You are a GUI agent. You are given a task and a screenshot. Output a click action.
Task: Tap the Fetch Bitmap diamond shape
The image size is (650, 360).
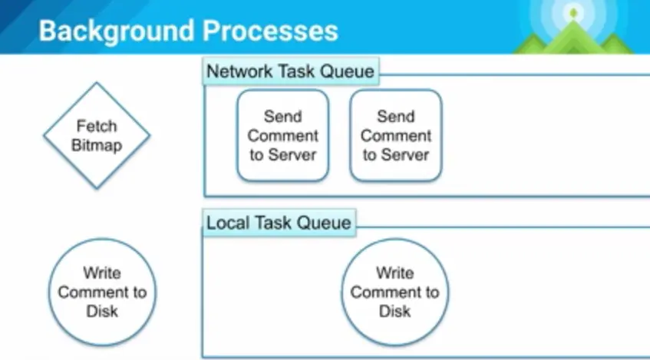click(97, 136)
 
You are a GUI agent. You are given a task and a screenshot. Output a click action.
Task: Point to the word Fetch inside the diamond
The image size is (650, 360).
click(97, 126)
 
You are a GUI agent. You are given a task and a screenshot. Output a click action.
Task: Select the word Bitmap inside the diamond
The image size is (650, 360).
click(97, 145)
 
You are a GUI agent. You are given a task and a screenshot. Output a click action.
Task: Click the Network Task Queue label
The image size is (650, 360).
click(291, 72)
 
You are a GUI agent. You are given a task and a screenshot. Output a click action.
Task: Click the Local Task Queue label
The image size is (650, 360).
click(279, 223)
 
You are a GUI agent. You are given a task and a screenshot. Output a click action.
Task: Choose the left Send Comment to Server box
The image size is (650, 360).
click(282, 136)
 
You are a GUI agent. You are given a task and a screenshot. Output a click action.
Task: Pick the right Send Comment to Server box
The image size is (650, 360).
click(395, 136)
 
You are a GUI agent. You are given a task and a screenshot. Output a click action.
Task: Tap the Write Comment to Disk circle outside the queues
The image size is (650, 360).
click(102, 292)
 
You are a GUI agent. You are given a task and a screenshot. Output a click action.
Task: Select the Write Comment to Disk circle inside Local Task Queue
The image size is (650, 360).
click(394, 292)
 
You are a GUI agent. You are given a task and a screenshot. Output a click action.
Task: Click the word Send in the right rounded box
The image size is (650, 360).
click(395, 117)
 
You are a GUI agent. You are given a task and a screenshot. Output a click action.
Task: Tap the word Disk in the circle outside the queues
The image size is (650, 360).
click(102, 311)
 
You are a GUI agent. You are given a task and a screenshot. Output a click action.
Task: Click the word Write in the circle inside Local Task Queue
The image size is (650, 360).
click(394, 272)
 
